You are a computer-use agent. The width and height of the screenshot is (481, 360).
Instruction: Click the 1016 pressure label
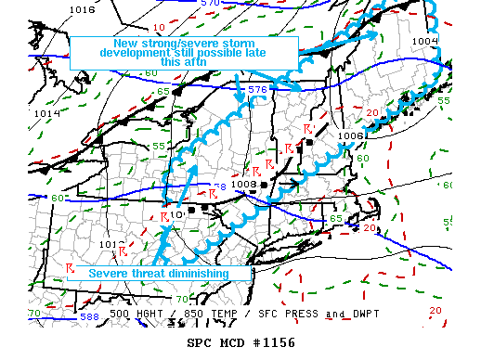82,9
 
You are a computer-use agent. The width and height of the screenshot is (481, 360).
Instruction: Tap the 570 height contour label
211,4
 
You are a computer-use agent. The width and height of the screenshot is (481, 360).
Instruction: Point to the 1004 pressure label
424,41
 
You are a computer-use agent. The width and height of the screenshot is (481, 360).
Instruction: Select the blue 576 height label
257,90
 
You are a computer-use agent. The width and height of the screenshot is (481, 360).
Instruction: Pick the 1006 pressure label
350,135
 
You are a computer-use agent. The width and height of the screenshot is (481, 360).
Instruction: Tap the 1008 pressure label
243,183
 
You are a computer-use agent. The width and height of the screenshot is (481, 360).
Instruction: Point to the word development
132,54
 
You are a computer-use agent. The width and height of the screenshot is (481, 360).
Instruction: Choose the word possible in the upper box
227,54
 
